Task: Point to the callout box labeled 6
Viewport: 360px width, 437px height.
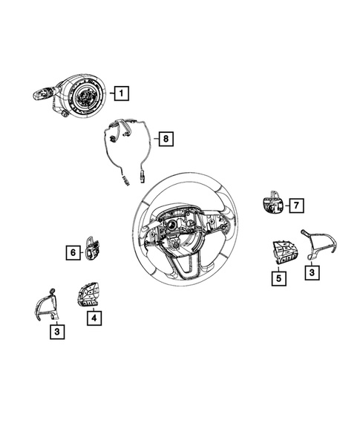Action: [x=73, y=253]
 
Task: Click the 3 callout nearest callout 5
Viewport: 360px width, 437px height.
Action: [x=313, y=274]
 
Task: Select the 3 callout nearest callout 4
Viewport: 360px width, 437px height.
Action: [x=56, y=332]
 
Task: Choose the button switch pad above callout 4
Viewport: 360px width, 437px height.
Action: [x=86, y=296]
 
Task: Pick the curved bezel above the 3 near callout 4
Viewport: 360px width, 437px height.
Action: [x=45, y=304]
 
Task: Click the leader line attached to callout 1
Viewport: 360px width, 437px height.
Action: [x=108, y=93]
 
